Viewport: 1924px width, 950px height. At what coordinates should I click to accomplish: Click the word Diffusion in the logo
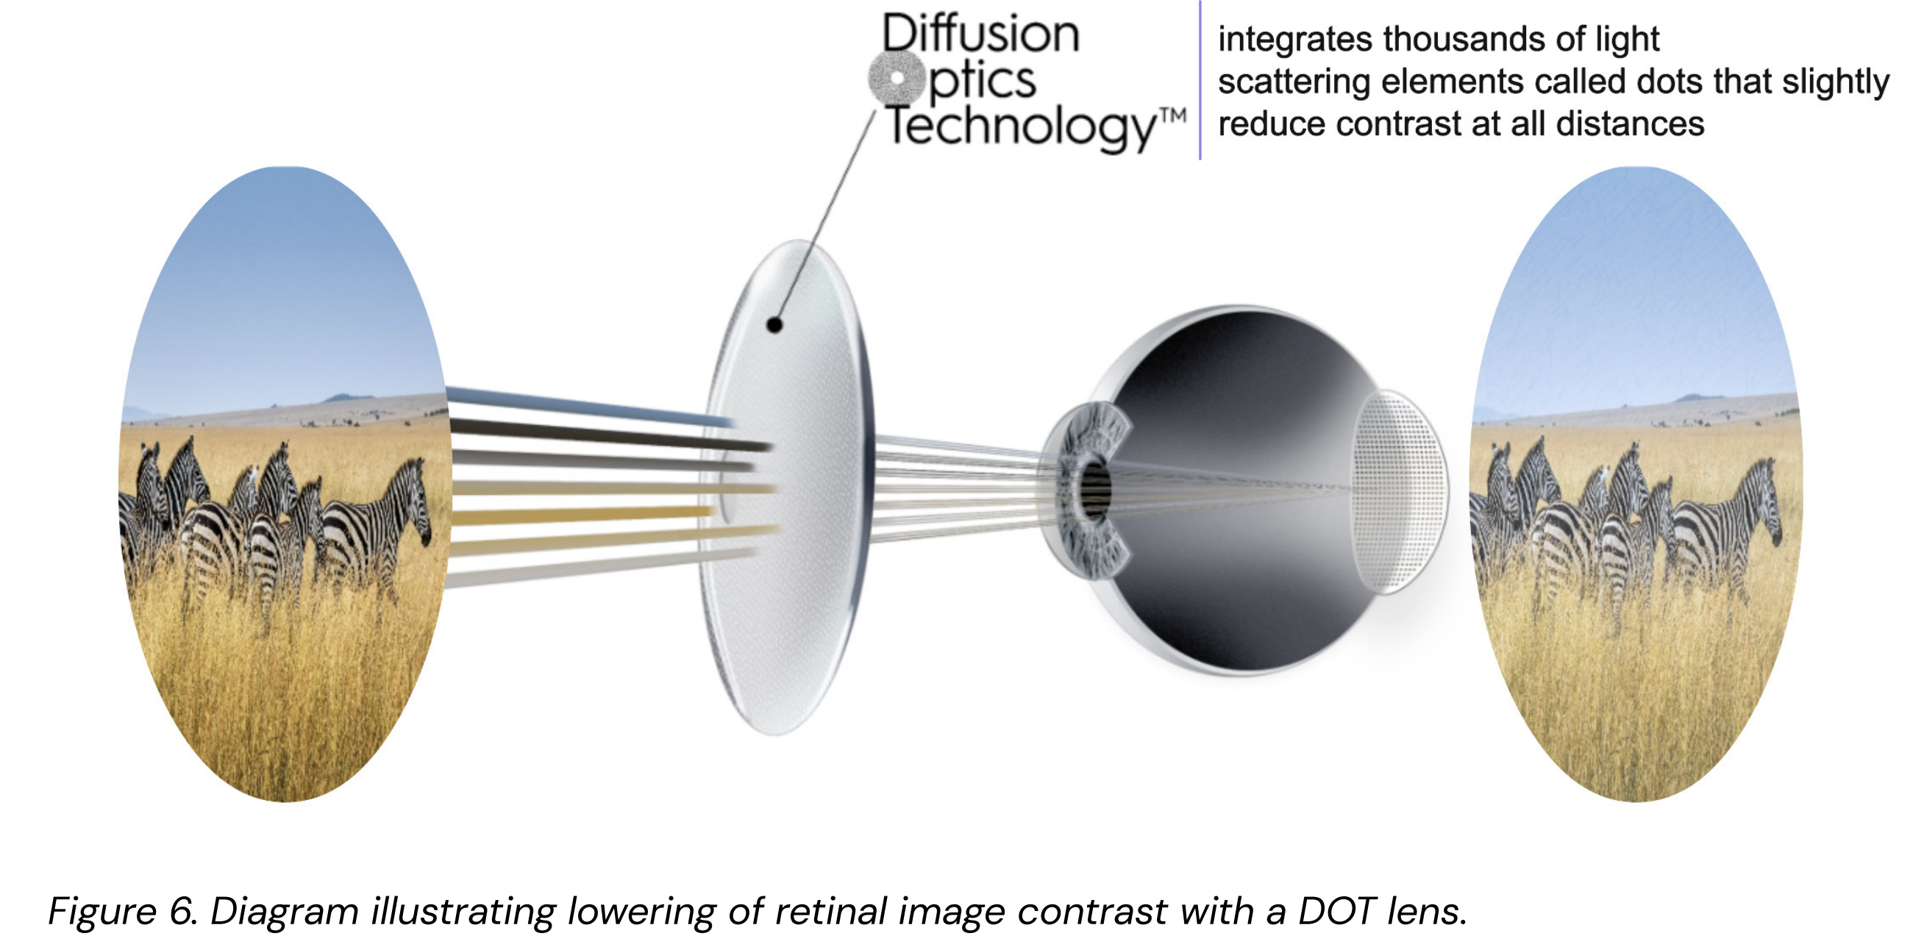pos(980,35)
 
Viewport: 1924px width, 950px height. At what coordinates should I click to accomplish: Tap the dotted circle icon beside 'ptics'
pos(897,78)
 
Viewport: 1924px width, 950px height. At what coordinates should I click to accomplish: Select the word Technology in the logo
pos(1019,127)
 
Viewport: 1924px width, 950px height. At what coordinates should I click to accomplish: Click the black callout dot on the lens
pos(774,325)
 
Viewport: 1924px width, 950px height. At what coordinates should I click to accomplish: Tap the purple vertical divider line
pos(1200,81)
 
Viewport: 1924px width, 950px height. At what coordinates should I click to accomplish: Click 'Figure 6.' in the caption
pos(123,911)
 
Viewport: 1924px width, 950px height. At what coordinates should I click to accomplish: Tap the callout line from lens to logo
pos(825,217)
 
